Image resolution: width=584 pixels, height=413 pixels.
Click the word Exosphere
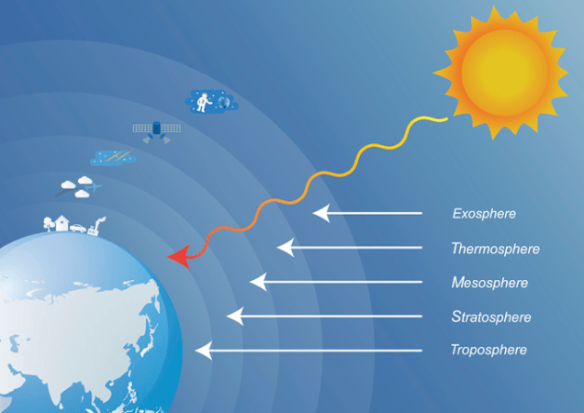tap(484, 214)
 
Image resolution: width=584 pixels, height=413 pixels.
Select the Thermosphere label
tap(495, 249)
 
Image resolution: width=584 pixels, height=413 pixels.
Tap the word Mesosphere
tap(489, 283)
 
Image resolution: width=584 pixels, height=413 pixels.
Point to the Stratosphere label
tap(491, 317)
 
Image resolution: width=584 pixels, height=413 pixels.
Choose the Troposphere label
tap(489, 350)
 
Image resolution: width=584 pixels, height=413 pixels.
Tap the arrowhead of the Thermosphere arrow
tap(285, 247)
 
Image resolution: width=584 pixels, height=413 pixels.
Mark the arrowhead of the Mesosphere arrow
tap(257, 281)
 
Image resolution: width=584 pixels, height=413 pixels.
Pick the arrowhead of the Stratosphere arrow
tap(234, 316)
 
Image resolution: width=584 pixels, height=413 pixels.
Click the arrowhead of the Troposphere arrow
tap(203, 350)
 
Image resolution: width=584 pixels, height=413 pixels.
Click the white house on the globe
tap(62, 223)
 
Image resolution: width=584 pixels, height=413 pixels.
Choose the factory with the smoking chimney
tap(97, 226)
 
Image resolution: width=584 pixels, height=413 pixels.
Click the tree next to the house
tap(48, 222)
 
